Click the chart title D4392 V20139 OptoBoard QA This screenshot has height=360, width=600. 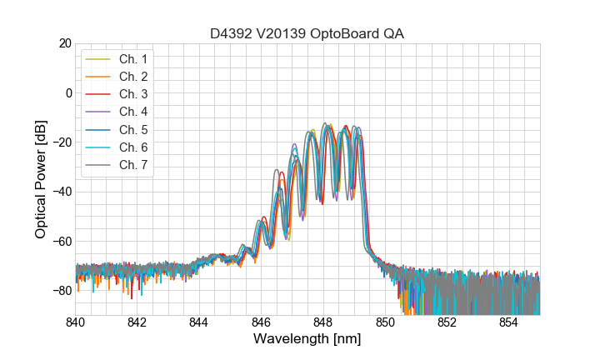pos(307,33)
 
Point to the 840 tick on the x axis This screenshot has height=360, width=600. pos(76,322)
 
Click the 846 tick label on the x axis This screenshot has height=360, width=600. pos(261,322)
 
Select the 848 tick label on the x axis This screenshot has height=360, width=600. pos(323,322)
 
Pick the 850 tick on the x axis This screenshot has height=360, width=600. pos(385,322)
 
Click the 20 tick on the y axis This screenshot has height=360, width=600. pos(65,43)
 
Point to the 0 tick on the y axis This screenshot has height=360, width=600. pos(68,92)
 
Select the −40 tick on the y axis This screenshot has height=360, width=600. pos(62,192)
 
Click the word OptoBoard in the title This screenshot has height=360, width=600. pos(348,33)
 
